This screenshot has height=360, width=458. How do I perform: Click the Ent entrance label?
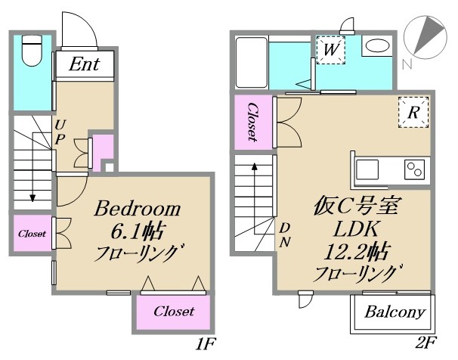[x=85, y=65]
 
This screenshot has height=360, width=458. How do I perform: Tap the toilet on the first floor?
[x=32, y=52]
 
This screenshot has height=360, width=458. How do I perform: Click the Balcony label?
[x=395, y=312]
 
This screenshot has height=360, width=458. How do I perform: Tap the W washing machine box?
[x=330, y=51]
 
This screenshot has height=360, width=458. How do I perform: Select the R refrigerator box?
[x=413, y=113]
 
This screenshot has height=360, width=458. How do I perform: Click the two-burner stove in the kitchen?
[x=415, y=168]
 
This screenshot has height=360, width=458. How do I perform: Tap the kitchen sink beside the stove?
[x=370, y=168]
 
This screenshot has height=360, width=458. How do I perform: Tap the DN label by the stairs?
[x=285, y=234]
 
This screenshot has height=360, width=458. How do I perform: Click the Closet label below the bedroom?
[x=173, y=312]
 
